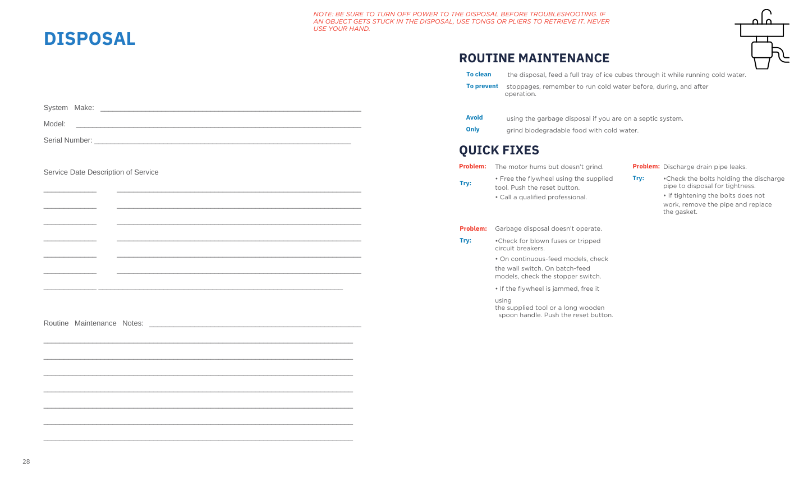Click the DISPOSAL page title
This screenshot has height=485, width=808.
click(90, 39)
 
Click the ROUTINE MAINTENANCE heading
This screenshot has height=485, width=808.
click(534, 58)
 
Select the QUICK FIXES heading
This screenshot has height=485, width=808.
click(499, 150)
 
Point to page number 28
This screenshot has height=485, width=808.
click(26, 462)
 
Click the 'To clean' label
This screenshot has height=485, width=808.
click(479, 75)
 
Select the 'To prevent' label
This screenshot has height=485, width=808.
click(482, 86)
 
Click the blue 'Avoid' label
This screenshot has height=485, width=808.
click(474, 118)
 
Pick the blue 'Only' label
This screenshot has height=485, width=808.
click(472, 130)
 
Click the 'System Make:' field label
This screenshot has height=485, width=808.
click(69, 108)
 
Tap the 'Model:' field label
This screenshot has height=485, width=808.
click(54, 124)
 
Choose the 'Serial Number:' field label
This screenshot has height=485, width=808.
click(68, 140)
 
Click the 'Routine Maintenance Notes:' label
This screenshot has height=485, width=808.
click(94, 323)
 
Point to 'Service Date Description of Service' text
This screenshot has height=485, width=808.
click(101, 172)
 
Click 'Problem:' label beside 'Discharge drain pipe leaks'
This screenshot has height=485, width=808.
click(646, 167)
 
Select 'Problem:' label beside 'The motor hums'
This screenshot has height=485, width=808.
click(472, 167)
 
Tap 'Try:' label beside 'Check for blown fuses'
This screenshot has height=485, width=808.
click(465, 241)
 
